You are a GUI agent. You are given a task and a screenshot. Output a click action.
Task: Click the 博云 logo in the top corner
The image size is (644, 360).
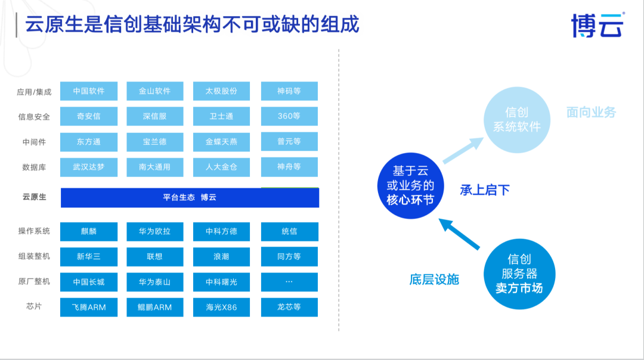point(597,25)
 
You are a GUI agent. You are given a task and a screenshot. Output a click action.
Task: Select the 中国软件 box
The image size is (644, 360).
point(89,91)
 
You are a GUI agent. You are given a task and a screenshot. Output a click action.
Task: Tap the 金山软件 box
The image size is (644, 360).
point(154,91)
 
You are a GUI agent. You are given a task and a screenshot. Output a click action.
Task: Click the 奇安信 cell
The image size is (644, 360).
point(89,116)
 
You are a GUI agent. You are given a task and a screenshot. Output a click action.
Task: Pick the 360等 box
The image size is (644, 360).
point(289,116)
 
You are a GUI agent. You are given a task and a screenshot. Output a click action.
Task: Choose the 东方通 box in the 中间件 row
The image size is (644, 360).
point(89,142)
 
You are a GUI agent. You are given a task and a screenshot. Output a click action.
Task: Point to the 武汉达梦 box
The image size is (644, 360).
point(89,167)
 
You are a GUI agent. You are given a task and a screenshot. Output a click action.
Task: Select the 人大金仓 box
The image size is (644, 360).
point(221,167)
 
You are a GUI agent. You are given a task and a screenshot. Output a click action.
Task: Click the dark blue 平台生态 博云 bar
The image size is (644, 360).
point(190,197)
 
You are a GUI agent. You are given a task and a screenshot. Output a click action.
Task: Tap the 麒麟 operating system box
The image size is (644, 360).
point(89,231)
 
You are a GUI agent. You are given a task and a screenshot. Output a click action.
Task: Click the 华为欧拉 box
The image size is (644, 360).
point(154,231)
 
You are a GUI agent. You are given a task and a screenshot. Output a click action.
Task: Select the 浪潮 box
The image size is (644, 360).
point(221,256)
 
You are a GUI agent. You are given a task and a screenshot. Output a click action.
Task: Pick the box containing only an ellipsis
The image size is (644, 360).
point(289,281)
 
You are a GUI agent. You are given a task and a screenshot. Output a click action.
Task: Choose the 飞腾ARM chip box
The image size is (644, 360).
point(89,307)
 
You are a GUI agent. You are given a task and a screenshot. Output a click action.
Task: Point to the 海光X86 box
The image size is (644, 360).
point(221,307)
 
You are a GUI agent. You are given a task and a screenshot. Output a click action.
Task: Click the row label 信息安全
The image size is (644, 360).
point(34,117)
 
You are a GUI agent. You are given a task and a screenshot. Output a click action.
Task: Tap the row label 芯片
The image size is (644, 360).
point(34,307)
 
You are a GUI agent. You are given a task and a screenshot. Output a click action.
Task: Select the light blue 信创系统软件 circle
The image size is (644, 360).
point(516,119)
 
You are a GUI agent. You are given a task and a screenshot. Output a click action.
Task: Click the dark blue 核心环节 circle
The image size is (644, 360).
point(410,185)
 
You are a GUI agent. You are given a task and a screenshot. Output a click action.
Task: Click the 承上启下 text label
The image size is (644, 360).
point(485,190)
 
